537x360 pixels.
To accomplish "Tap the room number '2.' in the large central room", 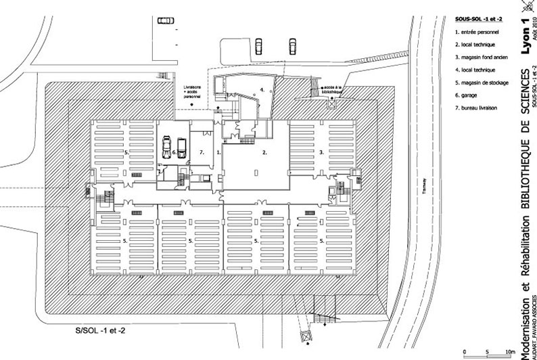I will click(x=265, y=153).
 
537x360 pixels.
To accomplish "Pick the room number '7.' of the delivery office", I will click(x=201, y=153).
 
